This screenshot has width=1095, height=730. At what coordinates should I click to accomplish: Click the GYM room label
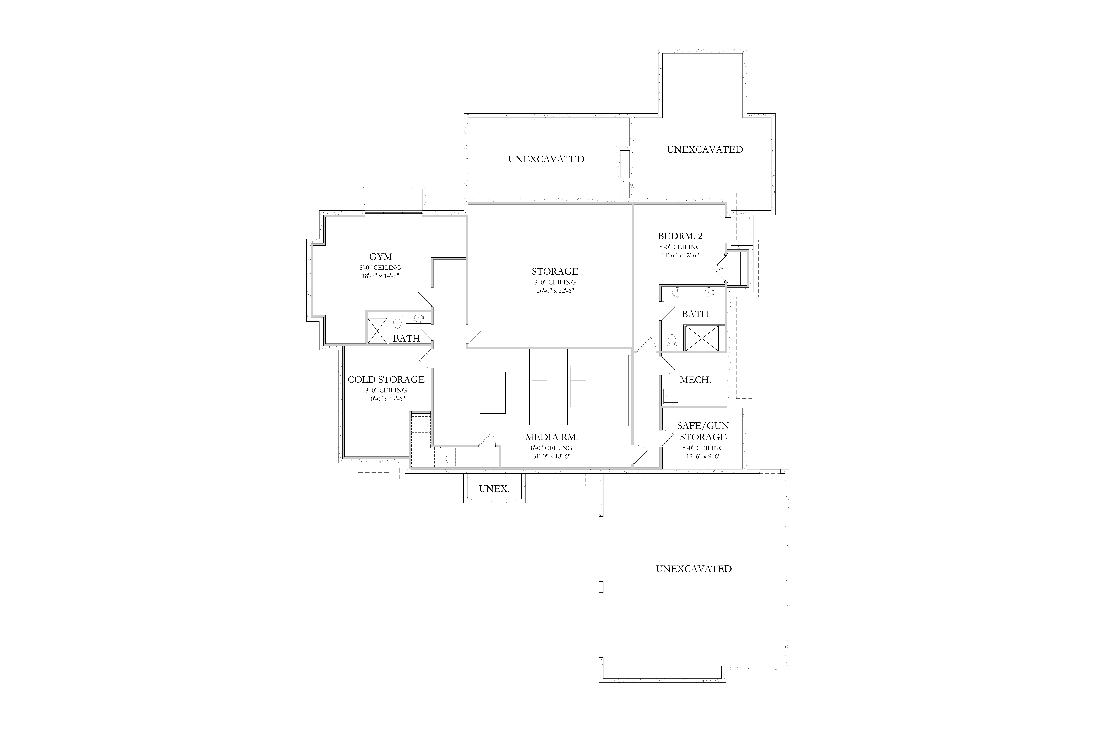tap(380, 257)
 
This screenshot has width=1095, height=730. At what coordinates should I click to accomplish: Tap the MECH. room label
tap(695, 379)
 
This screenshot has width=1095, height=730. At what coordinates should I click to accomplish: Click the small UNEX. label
tap(494, 488)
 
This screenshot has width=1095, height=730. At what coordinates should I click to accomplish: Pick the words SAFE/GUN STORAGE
tap(703, 431)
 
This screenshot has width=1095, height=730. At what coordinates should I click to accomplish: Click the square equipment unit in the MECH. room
tap(670, 395)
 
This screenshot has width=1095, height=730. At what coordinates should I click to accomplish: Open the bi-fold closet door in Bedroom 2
tap(721, 268)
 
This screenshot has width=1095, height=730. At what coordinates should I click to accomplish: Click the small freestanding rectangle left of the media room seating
tap(493, 393)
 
